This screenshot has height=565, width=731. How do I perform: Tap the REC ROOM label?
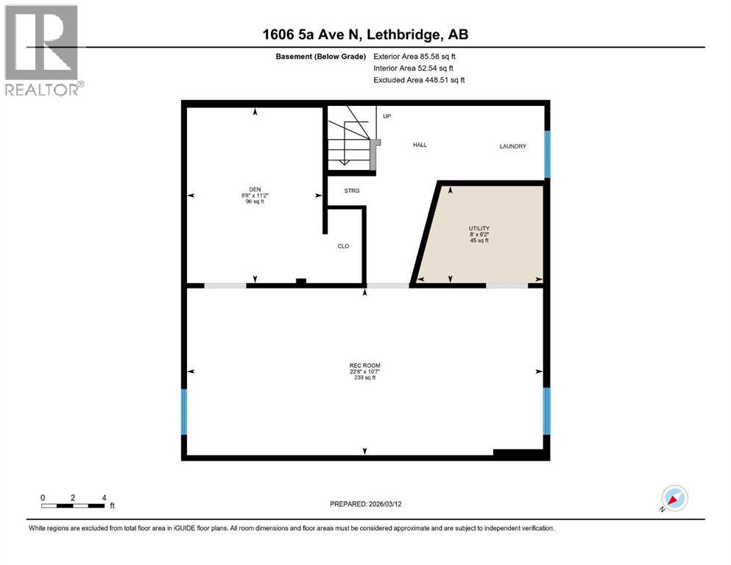364,366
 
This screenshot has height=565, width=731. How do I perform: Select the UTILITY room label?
479,229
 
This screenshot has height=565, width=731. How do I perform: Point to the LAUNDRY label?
512,146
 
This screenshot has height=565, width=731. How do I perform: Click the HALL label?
420,145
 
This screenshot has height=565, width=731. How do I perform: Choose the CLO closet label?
343,246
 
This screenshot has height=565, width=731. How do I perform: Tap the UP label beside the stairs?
386,116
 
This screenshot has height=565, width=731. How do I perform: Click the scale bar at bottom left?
72,505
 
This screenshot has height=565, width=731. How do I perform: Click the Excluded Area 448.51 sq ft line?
419,80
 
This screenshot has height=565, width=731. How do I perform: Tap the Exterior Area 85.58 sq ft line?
419,56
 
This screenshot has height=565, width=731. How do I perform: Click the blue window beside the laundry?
547,154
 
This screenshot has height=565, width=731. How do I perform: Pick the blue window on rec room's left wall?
185,412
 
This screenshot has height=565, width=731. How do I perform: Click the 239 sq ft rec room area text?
364,378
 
